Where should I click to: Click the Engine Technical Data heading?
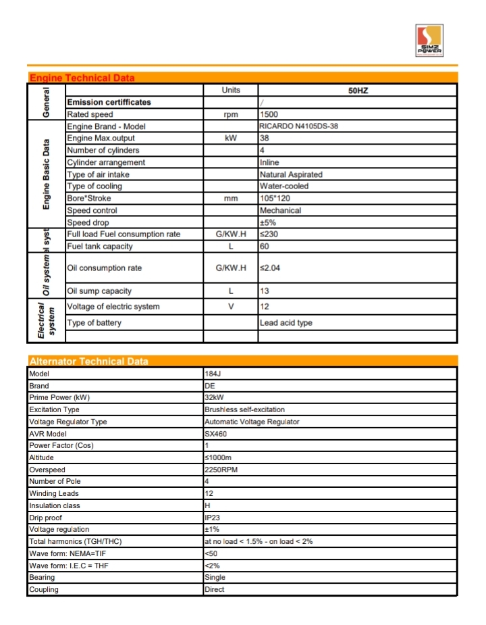point(82,78)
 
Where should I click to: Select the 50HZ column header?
point(358,91)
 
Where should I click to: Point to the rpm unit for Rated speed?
point(230,115)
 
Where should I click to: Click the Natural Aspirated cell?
point(291,174)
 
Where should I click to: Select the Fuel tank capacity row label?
point(100,247)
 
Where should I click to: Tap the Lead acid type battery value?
point(286,323)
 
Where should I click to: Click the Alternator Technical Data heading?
point(88,361)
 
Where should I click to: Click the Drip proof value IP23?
point(213,518)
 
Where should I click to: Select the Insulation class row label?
point(55,505)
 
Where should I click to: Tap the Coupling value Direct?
point(215,590)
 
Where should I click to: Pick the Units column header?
point(230,91)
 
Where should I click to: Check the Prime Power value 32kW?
point(214,397)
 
